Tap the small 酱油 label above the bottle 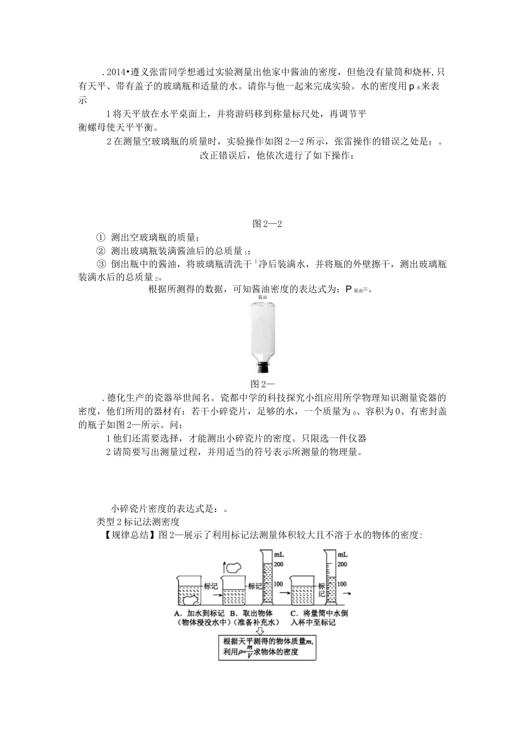point(262,297)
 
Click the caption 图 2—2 point(267,224)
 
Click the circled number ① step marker point(100,238)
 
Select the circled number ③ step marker point(100,264)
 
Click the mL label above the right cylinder point(342,554)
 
